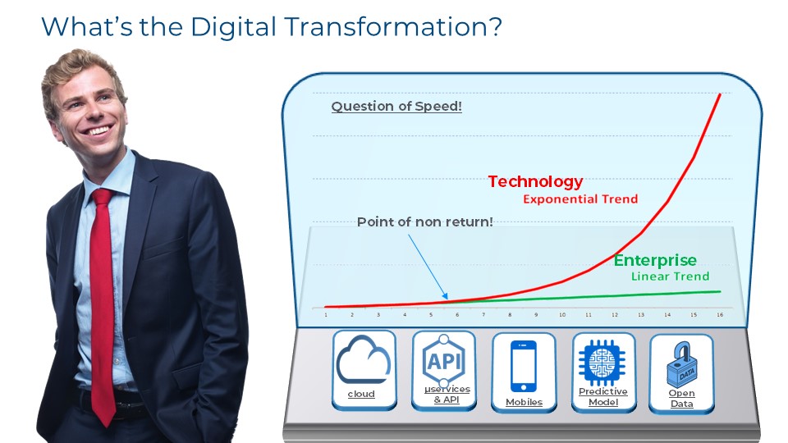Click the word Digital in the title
pos(233,27)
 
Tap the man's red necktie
pos(103,301)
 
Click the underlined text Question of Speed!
pos(396,107)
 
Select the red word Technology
pos(535,181)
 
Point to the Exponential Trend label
pos(580,199)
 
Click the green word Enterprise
pos(655,260)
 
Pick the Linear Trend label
pos(670,276)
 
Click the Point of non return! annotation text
pos(424,222)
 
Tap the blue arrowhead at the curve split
pos(445,296)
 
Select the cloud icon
pos(363,360)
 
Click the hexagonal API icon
pos(444,359)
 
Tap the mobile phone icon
pos(523,366)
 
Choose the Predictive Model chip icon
pos(602,362)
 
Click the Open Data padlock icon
pos(681,364)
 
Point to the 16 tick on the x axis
pos(720,315)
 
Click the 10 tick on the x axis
pos(561,315)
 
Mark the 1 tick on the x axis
pos(326,315)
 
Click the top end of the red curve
pos(720,94)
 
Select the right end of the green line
pos(720,291)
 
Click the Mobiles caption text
pos(525,402)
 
